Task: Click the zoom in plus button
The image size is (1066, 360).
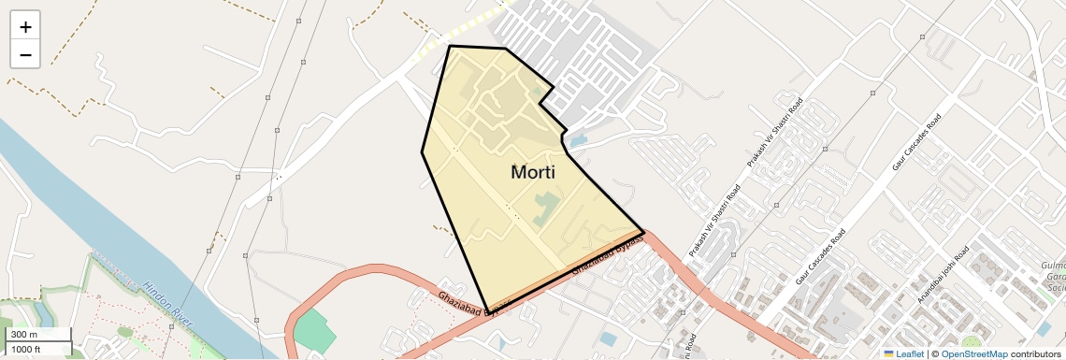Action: click(x=25, y=27)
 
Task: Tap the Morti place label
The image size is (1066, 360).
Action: click(x=533, y=172)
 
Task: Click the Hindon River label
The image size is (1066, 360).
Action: click(x=169, y=303)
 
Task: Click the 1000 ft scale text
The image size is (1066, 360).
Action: click(x=26, y=349)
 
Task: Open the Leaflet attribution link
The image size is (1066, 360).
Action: click(x=910, y=353)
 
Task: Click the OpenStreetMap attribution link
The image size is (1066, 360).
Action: click(x=974, y=353)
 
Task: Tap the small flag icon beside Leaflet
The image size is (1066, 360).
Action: click(x=889, y=353)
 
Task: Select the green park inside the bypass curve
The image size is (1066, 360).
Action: click(x=313, y=332)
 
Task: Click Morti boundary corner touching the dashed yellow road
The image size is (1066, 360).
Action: click(x=451, y=46)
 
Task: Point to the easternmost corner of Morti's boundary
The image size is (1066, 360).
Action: click(x=644, y=231)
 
